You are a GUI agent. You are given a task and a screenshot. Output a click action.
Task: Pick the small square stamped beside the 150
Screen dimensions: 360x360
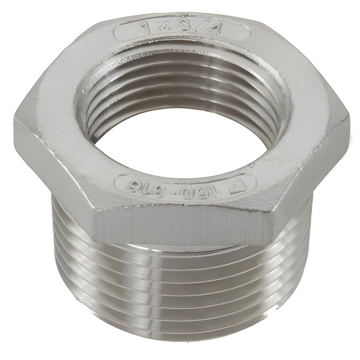236,188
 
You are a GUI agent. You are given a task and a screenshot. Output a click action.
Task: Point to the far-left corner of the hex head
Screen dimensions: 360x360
15,123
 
